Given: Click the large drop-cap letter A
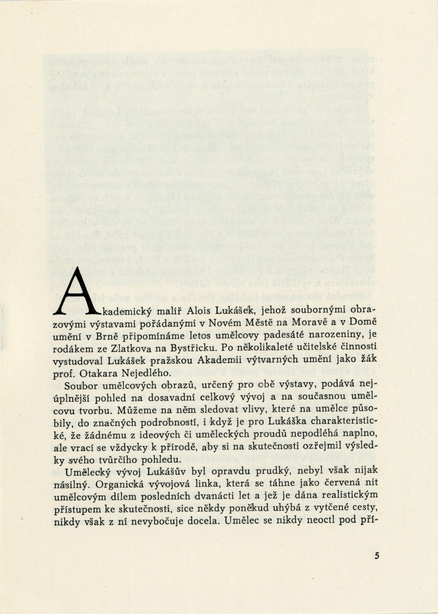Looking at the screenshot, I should point(77,292).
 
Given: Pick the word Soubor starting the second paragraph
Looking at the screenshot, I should point(80,385).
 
